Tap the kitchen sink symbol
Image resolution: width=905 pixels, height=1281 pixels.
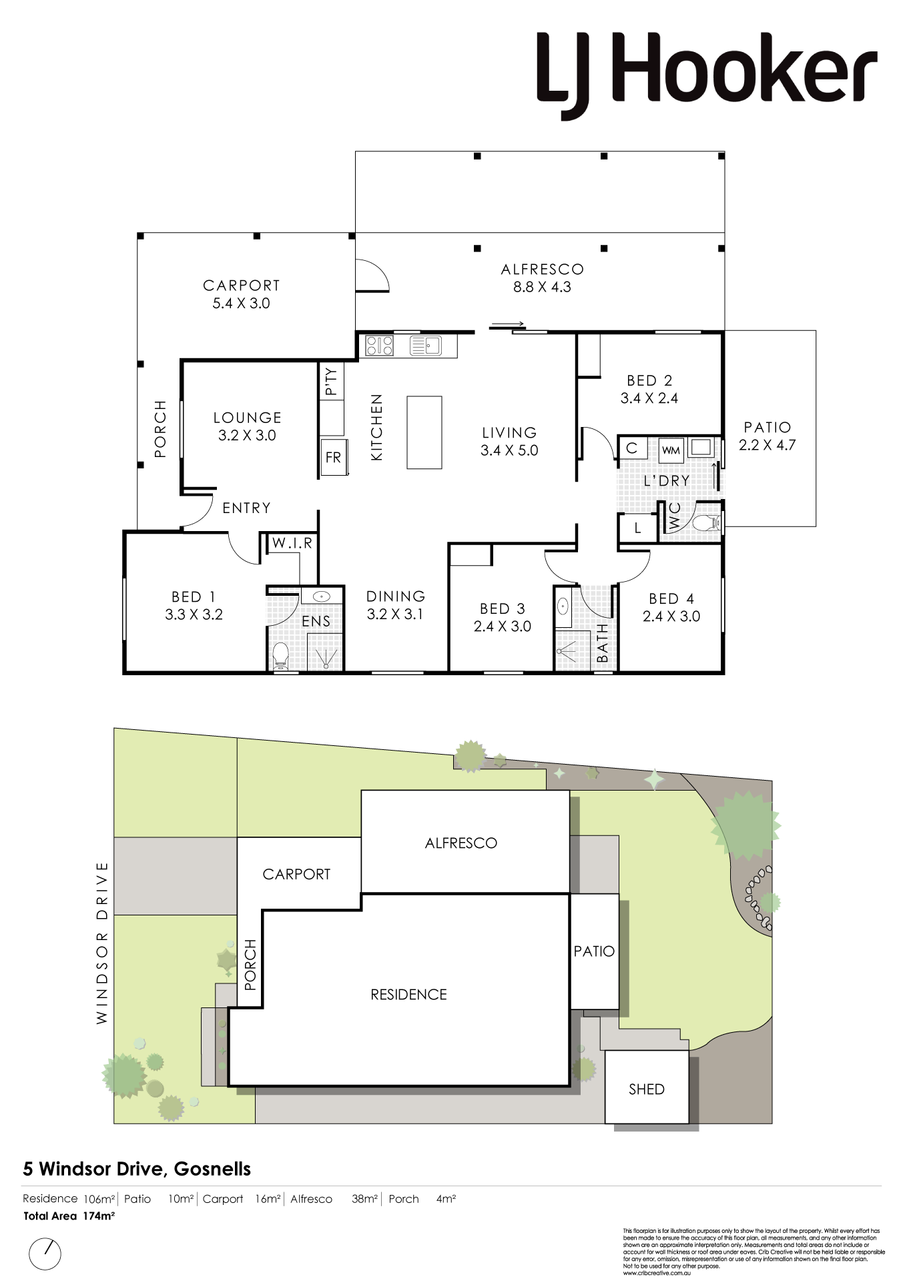425,346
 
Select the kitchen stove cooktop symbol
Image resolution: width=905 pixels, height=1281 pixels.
380,346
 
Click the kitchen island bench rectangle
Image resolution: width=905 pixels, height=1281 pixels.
424,432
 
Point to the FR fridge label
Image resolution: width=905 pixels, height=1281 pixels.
333,458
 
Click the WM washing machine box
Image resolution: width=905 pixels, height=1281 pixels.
671,450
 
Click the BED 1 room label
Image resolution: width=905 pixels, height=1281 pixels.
194,596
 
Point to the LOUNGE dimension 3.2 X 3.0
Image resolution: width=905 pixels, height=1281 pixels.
247,436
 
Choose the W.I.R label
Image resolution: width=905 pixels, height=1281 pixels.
292,543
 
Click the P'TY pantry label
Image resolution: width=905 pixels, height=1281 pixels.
332,381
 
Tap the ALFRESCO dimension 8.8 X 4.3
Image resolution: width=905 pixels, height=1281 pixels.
542,288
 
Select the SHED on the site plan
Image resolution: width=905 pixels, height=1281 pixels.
647,1090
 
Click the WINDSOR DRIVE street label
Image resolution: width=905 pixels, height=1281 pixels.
101,943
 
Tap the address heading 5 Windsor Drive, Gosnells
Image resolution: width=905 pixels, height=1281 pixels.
137,1170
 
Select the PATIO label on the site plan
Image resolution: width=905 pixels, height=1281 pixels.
594,951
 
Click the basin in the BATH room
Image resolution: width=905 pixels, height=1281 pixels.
563,607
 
